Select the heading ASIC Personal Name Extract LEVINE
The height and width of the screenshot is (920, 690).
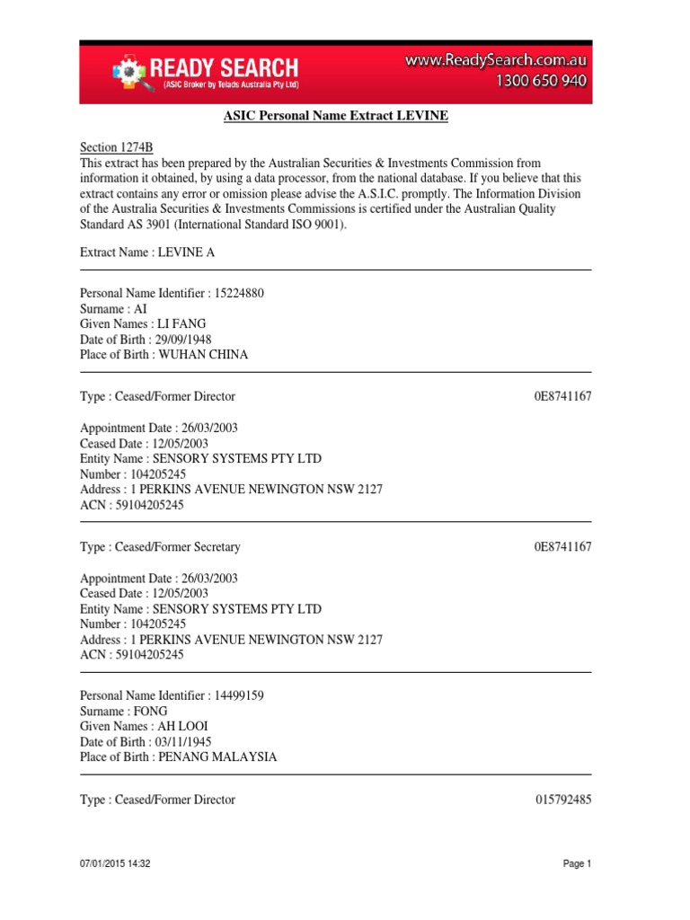pyautogui.click(x=335, y=117)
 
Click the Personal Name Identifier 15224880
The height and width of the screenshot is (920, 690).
pyautogui.click(x=172, y=294)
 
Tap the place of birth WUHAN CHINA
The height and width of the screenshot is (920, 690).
pyautogui.click(x=203, y=354)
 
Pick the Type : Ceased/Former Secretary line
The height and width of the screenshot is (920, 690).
pyautogui.click(x=160, y=546)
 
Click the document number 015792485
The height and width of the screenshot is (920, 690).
pyautogui.click(x=562, y=800)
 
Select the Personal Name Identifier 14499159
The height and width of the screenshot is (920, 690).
pyautogui.click(x=172, y=695)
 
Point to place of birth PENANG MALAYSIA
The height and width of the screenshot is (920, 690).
pyautogui.click(x=217, y=756)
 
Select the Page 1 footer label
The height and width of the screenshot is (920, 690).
pyautogui.click(x=577, y=863)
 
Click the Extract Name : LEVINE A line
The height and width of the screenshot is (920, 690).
pyautogui.click(x=147, y=252)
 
